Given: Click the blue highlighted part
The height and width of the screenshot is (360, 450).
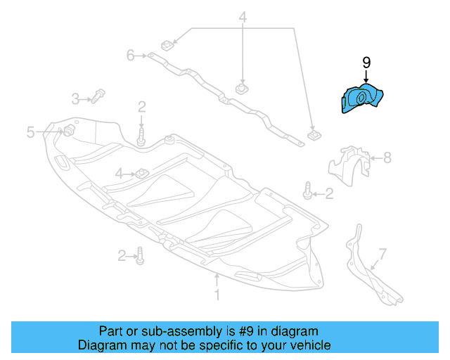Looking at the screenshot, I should pyautogui.click(x=360, y=99).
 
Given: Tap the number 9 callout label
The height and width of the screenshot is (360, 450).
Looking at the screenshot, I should pyautogui.click(x=366, y=63).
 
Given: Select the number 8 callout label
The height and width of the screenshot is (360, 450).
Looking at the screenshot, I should pyautogui.click(x=387, y=158).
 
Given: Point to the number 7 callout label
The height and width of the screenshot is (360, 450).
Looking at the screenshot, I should pyautogui.click(x=382, y=252).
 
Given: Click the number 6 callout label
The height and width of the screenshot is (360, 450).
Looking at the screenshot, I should pyautogui.click(x=130, y=54).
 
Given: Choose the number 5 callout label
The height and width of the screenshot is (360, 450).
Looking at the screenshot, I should pyautogui.click(x=31, y=131).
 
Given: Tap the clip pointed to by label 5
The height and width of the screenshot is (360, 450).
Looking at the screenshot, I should pyautogui.click(x=69, y=131).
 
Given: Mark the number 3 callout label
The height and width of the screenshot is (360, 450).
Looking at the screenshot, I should pyautogui.click(x=75, y=98).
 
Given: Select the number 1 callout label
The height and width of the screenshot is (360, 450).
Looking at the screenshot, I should pyautogui.click(x=217, y=296).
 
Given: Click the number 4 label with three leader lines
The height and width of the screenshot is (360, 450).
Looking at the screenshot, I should pyautogui.click(x=243, y=17).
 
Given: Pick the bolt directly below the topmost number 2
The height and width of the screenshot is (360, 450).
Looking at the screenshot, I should pyautogui.click(x=141, y=134).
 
